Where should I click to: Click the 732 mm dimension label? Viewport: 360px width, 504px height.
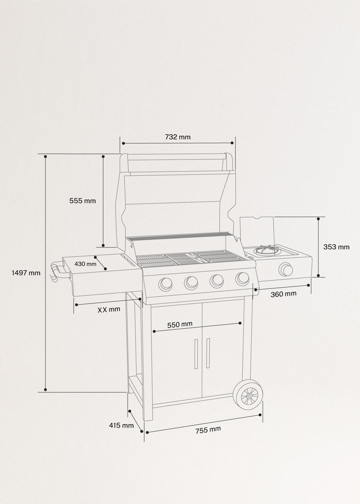177,137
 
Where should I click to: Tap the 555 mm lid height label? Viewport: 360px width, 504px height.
82,201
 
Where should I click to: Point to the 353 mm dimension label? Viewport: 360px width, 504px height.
336,247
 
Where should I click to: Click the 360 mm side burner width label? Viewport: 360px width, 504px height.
283,294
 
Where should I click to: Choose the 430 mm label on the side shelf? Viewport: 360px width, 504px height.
85,264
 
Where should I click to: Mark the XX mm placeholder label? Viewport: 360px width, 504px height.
109,309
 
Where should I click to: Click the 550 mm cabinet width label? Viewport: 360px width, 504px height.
180,324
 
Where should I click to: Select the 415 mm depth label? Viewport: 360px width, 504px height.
121,426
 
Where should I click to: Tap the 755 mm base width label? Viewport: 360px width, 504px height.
208,430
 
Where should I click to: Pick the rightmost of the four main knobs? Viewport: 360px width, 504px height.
242,278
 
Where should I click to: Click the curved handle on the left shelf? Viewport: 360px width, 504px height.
58,271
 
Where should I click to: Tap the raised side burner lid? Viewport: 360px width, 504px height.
257,230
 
